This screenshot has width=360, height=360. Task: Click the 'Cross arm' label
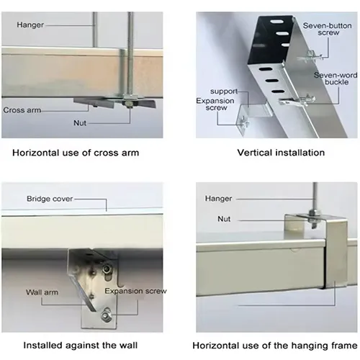[x=22, y=110]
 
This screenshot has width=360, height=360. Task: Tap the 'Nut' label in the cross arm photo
[x=80, y=123]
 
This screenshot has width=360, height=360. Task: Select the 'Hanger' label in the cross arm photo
[x=30, y=24]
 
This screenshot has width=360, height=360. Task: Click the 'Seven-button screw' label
[x=327, y=29]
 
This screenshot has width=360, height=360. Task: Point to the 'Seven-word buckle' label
[x=336, y=78]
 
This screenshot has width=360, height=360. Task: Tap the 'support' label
[x=224, y=91]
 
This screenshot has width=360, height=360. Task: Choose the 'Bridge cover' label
[x=50, y=199]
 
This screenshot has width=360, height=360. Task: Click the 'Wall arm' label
[x=42, y=292]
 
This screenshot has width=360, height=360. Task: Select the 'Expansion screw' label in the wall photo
[x=135, y=291]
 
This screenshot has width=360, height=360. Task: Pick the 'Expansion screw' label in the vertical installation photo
[x=215, y=104]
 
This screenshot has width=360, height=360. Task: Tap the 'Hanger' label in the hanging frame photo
[x=218, y=199]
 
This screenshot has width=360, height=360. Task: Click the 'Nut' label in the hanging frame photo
[x=224, y=219]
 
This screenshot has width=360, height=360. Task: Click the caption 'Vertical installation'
[x=281, y=153]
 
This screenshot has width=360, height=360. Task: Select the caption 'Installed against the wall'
[x=81, y=346]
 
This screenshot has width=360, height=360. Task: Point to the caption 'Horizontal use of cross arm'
[x=76, y=153]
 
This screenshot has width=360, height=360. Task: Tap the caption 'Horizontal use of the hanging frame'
[x=275, y=346]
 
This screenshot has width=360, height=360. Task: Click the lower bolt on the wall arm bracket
[x=106, y=315]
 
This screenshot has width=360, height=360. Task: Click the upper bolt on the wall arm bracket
[x=107, y=268]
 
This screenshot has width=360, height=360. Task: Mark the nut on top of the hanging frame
[x=312, y=212]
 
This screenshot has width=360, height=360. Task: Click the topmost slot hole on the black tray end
[x=276, y=22]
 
